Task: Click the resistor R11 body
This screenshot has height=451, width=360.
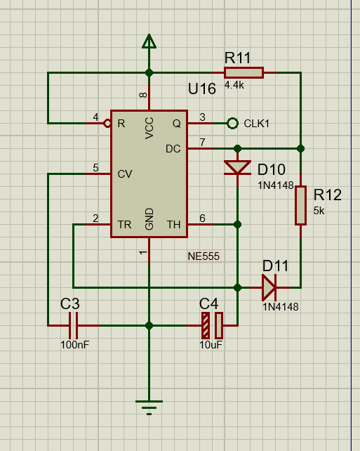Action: pos(244,73)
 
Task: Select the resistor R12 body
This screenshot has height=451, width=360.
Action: pos(300,205)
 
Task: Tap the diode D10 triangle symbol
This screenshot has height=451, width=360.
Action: pos(237,167)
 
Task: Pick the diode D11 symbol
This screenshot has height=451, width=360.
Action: pos(269,287)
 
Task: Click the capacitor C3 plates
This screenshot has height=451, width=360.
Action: pos(73,325)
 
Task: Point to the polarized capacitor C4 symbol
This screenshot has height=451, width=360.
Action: pos(212,325)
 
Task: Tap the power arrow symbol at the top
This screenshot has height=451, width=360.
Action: pos(149,41)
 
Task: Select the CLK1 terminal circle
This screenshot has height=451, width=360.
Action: pos(232,124)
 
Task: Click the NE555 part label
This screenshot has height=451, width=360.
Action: pos(204,256)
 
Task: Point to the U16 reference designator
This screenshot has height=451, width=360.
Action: pos(201,89)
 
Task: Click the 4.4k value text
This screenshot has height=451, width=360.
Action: pos(234,85)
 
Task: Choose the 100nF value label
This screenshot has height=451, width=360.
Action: pos(74,345)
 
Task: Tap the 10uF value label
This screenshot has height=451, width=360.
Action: pos(211,345)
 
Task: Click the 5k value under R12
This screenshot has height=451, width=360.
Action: pos(319,211)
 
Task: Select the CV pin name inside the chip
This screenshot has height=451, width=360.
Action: pos(125,174)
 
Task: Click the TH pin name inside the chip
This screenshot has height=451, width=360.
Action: pos(173,224)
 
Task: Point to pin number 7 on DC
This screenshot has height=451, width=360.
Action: pos(203,142)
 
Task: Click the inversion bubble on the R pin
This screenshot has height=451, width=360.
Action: pos(107,124)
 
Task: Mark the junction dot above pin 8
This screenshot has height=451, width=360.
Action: pos(149,73)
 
